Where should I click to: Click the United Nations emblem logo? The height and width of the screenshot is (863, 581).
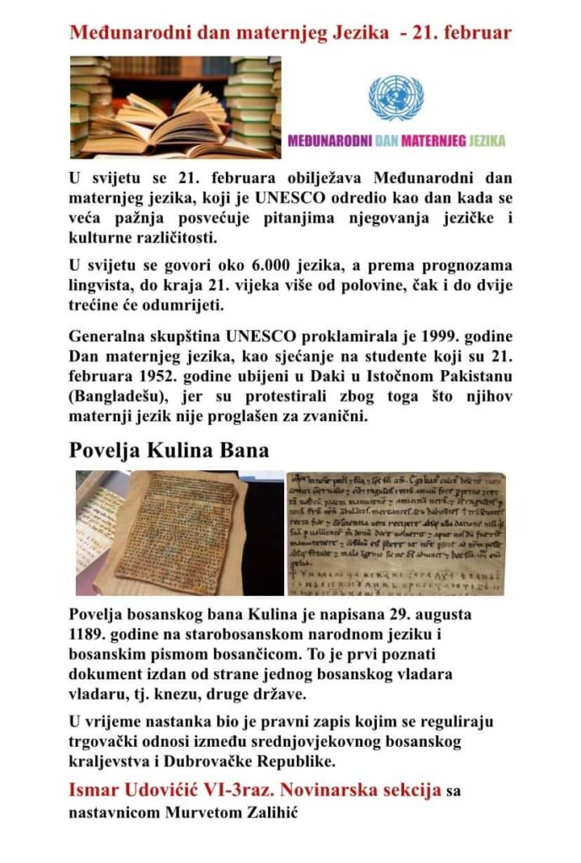(x=395, y=98)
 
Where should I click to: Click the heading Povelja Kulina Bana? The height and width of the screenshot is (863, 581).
(x=169, y=448)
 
